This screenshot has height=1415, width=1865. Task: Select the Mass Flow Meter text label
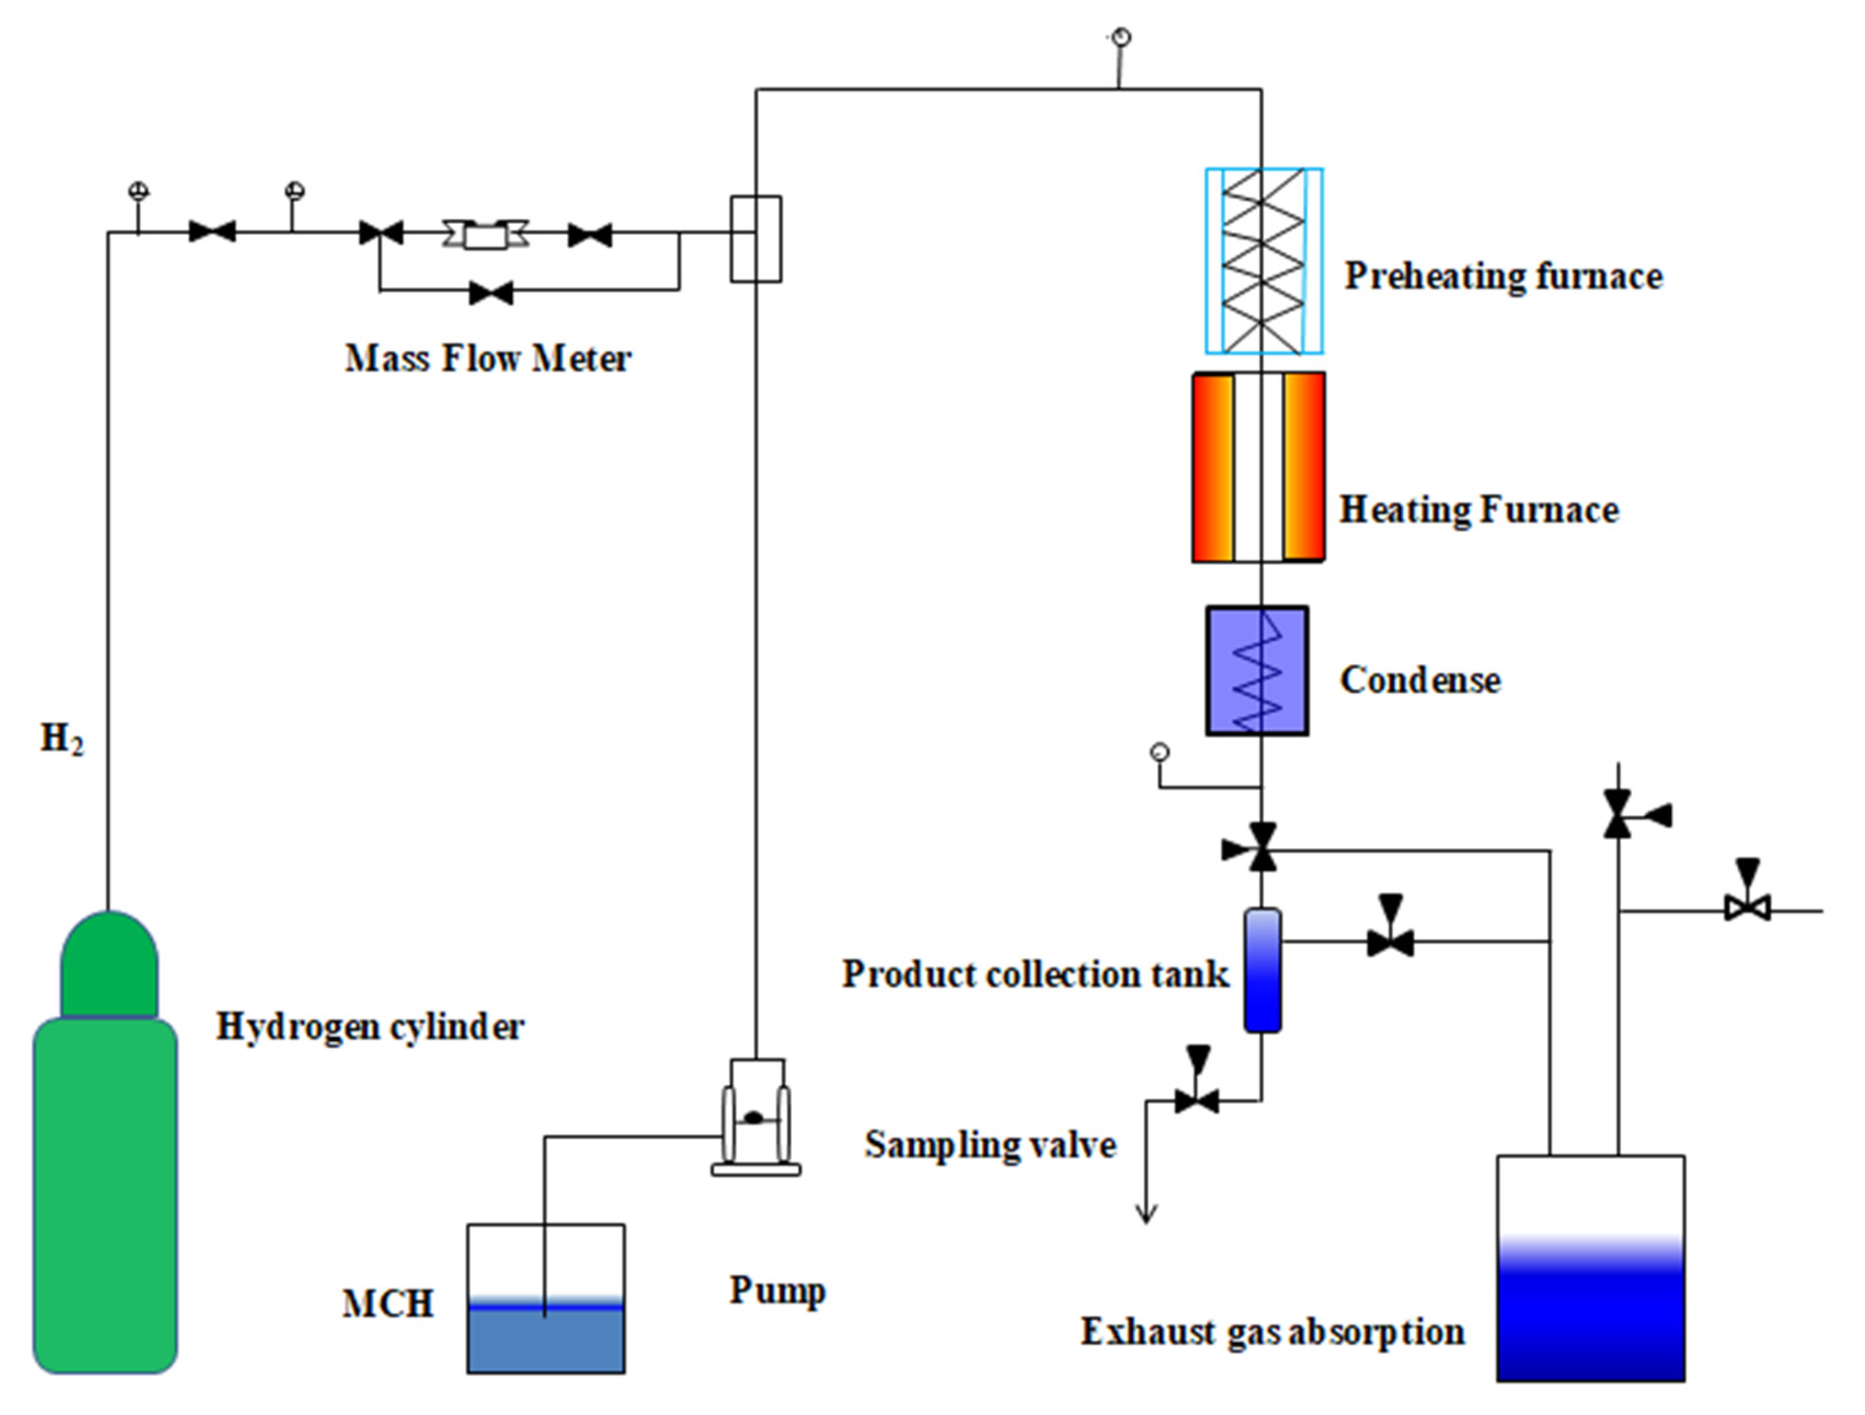[487, 358]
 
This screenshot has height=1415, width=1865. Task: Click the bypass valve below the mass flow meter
[490, 294]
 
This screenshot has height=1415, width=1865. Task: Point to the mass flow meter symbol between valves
[486, 234]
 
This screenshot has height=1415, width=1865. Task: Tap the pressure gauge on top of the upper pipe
[1121, 37]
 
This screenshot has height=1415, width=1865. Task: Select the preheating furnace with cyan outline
[1263, 260]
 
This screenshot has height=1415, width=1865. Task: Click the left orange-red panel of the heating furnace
[1213, 467]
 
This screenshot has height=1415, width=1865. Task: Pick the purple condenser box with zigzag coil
[1256, 670]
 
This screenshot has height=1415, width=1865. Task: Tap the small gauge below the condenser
[1160, 751]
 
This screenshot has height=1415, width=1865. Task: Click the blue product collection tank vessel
[1262, 969]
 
